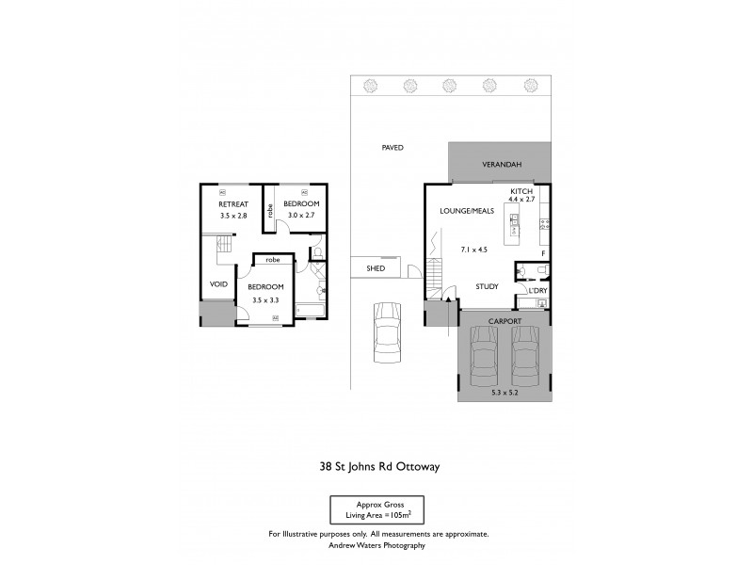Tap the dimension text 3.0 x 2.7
301,217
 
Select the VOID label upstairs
218,283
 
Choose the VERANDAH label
499,164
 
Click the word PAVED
393,148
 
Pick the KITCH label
521,190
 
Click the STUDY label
487,287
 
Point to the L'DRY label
537,291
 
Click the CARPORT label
504,321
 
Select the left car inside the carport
484,363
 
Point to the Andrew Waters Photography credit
376,545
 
